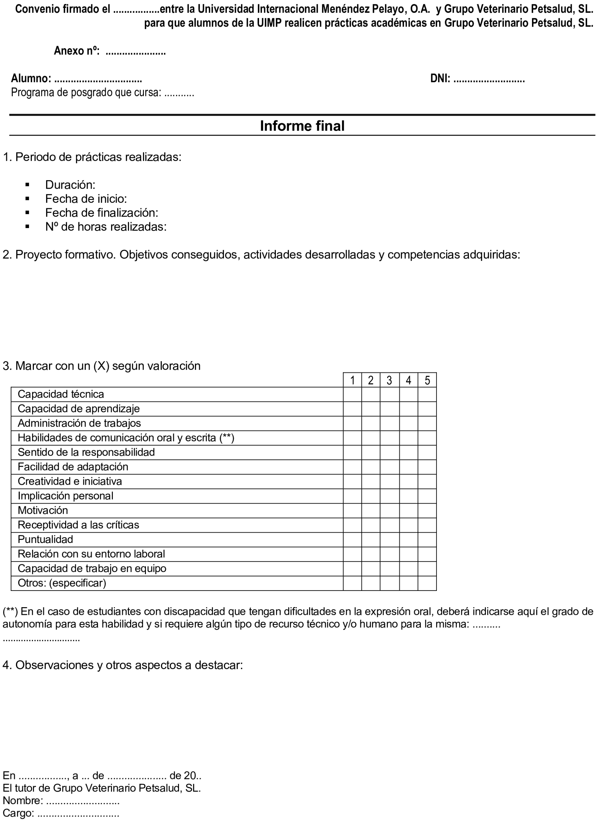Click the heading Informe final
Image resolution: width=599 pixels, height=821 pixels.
point(302,126)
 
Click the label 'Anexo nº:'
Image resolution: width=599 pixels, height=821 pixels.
point(77,51)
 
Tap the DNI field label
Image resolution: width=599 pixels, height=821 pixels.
point(440,78)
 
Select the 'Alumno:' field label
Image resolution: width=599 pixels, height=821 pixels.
point(31,78)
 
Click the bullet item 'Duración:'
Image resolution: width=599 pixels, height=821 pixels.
point(70,185)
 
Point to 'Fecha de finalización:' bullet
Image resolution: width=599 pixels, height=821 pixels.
point(102,213)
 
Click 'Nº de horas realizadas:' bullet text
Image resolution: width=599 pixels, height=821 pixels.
point(106,227)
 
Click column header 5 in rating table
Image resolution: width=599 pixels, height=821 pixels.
point(427,380)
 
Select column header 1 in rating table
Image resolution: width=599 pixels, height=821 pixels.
point(352,380)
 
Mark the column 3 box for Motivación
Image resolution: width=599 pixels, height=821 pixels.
point(389,511)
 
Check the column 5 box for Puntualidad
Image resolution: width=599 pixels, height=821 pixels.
point(427,540)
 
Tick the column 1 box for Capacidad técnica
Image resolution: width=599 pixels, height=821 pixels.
point(352,395)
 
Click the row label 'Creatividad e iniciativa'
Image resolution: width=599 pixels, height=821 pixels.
point(70,482)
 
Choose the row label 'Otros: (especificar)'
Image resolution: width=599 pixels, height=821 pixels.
point(62,583)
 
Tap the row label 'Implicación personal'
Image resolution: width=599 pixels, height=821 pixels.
point(65,496)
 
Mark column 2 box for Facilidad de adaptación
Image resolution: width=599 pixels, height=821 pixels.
point(371,467)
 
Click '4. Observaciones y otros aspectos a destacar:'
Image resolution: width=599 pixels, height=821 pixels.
point(123,665)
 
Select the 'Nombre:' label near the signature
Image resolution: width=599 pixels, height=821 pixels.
point(23,801)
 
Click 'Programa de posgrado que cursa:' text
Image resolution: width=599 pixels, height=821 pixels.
point(86,93)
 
